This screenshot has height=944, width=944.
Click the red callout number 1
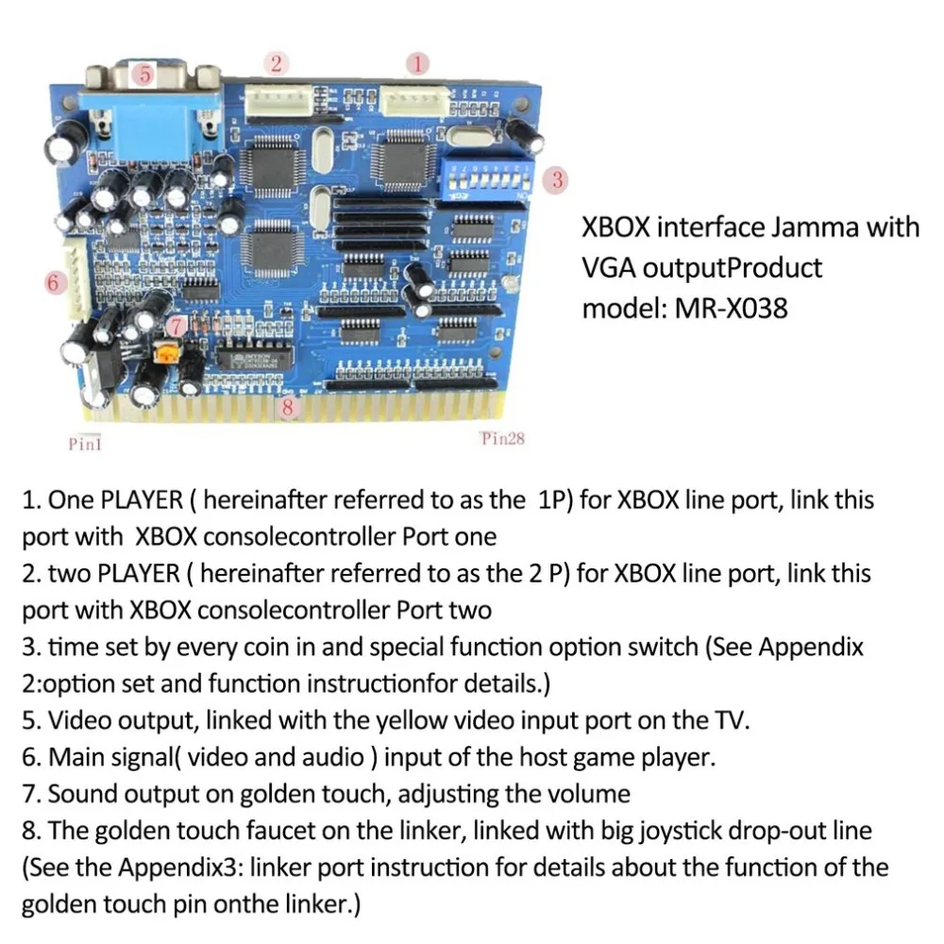417,64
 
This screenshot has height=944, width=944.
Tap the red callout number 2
277,63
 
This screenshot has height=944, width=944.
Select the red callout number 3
556,179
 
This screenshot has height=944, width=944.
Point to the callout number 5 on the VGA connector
144,75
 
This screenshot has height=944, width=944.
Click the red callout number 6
54,282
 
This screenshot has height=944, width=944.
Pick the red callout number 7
177,327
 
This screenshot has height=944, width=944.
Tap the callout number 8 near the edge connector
287,408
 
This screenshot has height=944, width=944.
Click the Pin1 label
85,444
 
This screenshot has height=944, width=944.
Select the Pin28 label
503,438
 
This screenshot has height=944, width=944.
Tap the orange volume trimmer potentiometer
166,354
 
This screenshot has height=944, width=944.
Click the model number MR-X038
731,309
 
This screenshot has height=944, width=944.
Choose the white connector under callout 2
278,100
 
